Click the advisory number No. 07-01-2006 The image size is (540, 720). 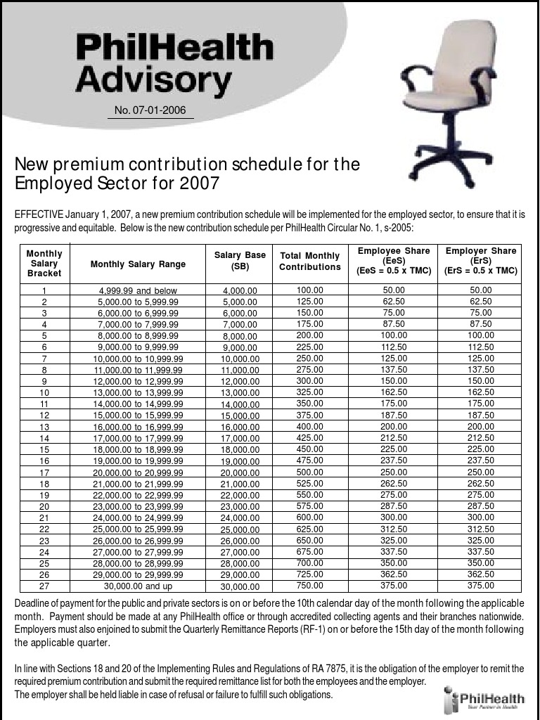tap(150, 110)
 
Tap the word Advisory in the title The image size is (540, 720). tap(153, 79)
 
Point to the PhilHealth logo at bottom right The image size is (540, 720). tap(484, 700)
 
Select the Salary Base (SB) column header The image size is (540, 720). tap(240, 261)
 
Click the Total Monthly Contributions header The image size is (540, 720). tap(309, 262)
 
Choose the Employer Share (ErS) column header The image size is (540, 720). tap(481, 261)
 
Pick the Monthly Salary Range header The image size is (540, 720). tap(138, 264)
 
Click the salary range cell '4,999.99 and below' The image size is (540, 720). tap(138, 290)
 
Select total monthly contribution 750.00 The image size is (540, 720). tap(309, 585)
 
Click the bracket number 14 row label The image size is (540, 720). tap(44, 438)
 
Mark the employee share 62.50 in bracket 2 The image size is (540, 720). tap(394, 301)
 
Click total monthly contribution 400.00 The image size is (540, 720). tap(309, 426)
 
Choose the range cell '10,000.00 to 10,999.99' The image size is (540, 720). tap(138, 359)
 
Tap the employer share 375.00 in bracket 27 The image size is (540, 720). tap(481, 585)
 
